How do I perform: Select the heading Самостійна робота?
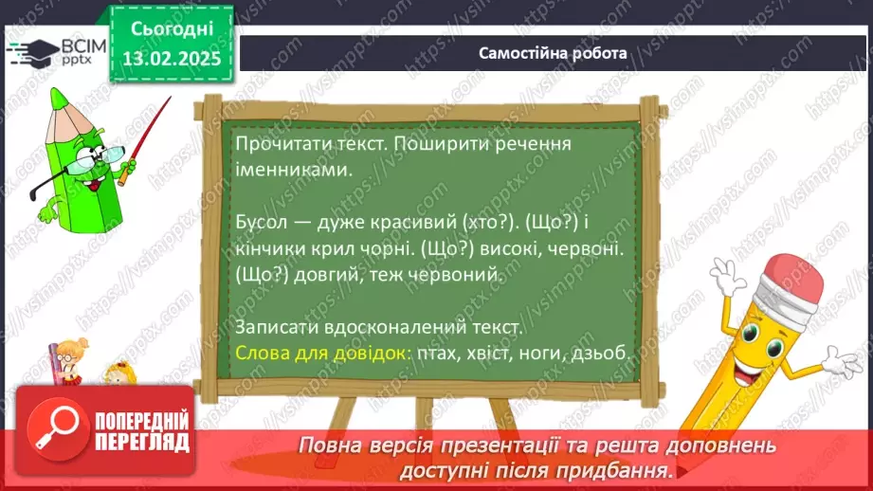[553, 53]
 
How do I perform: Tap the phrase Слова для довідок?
[320, 352]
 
